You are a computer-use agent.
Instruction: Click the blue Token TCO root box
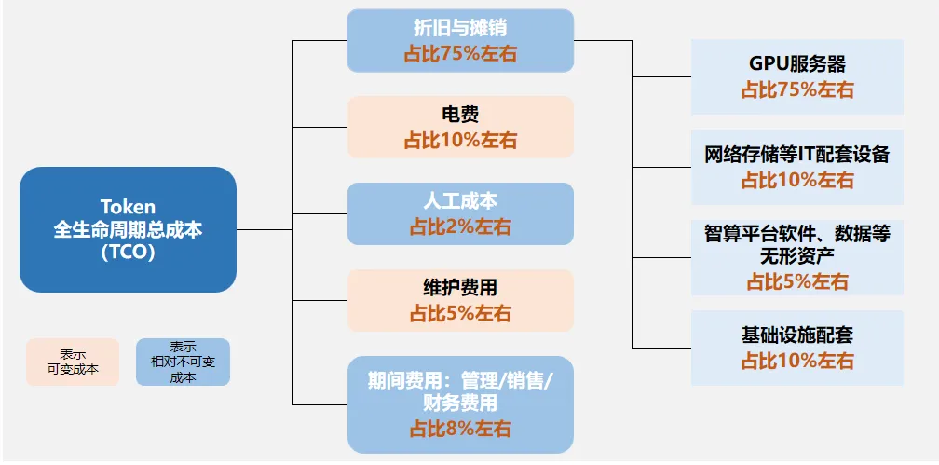click(128, 229)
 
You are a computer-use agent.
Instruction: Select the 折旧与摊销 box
click(460, 40)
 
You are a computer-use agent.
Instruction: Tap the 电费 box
click(460, 127)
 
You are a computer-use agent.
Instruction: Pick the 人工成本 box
click(460, 213)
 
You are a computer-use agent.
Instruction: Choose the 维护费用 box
click(460, 300)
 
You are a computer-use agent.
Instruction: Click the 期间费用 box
click(460, 404)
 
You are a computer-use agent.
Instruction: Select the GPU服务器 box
click(797, 76)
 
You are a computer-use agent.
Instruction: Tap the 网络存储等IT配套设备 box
click(797, 167)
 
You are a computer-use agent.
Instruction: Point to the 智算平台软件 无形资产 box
click(797, 256)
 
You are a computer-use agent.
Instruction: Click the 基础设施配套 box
click(797, 348)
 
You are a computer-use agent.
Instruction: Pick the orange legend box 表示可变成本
click(73, 362)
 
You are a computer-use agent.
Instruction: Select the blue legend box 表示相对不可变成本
click(183, 362)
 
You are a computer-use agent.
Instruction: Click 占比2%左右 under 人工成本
click(460, 226)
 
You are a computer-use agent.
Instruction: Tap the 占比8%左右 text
click(460, 430)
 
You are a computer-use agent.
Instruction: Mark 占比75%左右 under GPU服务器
click(797, 90)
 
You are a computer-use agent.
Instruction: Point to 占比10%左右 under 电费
click(460, 141)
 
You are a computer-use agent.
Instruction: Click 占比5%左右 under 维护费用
click(460, 314)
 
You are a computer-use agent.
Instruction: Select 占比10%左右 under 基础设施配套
click(797, 361)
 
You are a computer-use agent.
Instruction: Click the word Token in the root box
click(128, 207)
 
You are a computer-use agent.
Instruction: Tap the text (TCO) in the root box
click(128, 252)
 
